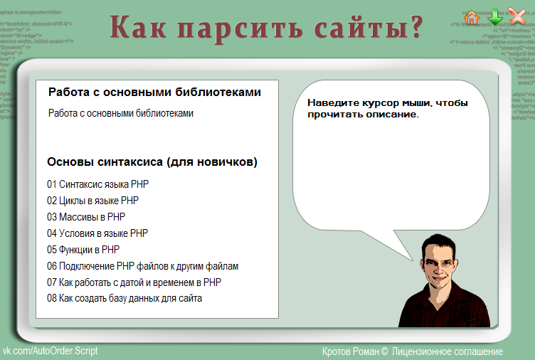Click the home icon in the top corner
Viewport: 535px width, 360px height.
pos(471,17)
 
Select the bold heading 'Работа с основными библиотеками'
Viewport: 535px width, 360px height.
pos(154,92)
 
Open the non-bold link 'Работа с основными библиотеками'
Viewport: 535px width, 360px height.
pos(121,113)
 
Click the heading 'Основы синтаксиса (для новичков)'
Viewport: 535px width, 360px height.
pos(152,162)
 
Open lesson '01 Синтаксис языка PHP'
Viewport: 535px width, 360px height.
pos(98,184)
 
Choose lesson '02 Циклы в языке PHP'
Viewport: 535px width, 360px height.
pos(93,201)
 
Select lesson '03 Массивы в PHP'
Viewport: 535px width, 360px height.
pos(86,217)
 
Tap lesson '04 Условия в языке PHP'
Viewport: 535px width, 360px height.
pos(97,233)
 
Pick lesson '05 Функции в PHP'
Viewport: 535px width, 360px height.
pos(83,250)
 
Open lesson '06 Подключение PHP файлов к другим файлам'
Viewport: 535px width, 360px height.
pos(142,266)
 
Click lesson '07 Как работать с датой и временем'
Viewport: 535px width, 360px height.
pos(134,282)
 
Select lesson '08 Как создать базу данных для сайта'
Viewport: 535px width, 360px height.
pos(125,299)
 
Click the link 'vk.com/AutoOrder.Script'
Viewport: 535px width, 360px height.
pos(51,351)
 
